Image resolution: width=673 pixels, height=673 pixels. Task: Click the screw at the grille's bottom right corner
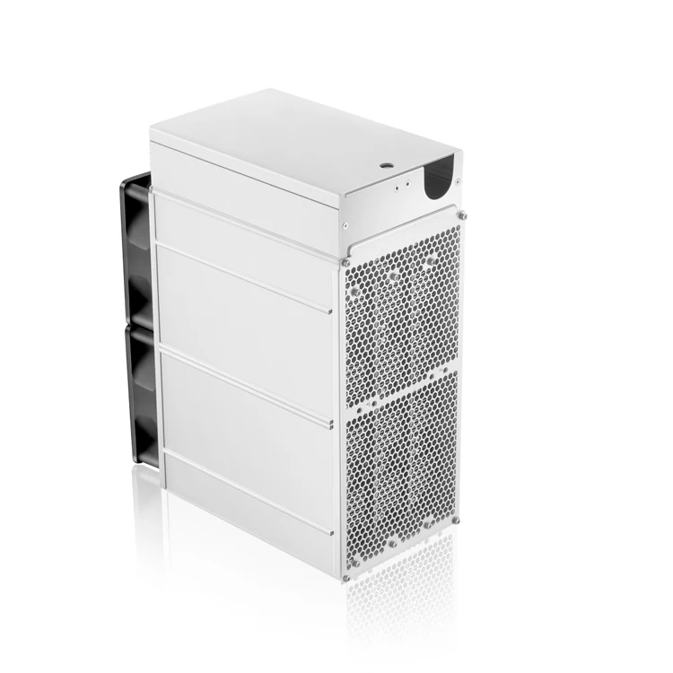click(x=456, y=520)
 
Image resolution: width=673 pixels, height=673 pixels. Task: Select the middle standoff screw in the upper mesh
click(x=394, y=273)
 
